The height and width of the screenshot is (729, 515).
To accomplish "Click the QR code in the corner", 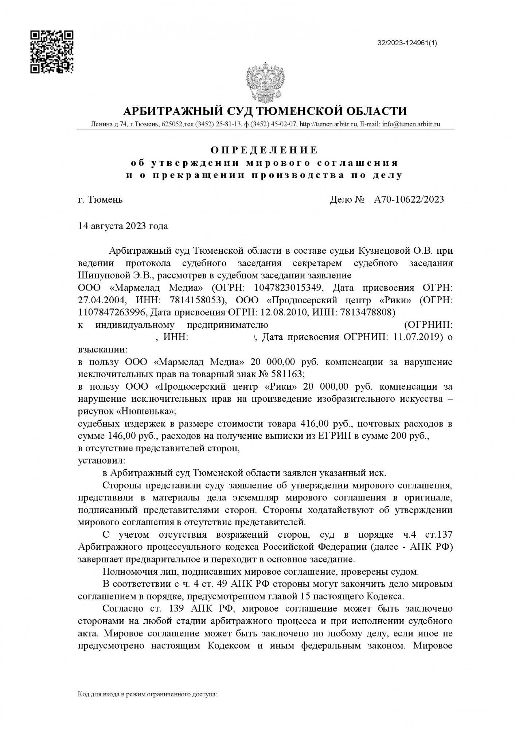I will [52, 52].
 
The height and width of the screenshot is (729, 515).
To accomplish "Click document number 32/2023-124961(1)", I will [407, 43].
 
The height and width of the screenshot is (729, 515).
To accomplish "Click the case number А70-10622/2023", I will [409, 199].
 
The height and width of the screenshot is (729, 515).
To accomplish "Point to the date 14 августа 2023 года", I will [123, 226].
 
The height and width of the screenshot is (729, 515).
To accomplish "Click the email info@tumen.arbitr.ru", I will [411, 124].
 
